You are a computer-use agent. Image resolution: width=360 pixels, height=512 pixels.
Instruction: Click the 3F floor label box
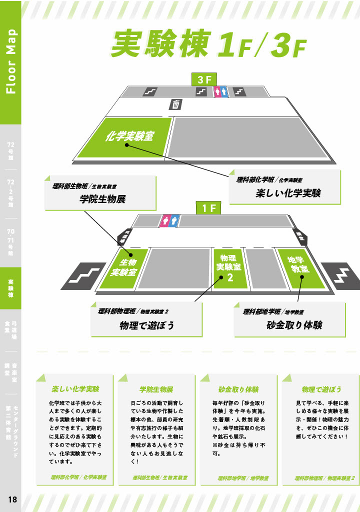(x=204, y=79)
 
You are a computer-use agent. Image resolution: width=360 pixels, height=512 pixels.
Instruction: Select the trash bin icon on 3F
(x=176, y=104)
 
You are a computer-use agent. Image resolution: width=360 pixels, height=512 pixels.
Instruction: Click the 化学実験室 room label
(x=129, y=136)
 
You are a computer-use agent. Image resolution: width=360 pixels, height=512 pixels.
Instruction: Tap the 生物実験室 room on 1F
(x=123, y=267)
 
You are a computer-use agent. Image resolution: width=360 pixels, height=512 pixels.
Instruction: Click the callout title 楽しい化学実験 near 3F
(x=288, y=192)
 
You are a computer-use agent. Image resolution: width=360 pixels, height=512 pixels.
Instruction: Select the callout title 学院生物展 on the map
(x=102, y=199)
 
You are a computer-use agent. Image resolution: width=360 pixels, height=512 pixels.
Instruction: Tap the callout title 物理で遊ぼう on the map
(x=147, y=325)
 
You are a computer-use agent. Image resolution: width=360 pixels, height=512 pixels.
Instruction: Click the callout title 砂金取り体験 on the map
(x=294, y=325)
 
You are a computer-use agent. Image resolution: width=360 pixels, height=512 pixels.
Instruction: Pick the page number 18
(x=12, y=499)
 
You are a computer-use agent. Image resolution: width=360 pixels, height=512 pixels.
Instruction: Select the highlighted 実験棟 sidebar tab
(x=10, y=287)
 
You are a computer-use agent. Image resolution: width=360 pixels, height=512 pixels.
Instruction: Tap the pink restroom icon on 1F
(x=166, y=220)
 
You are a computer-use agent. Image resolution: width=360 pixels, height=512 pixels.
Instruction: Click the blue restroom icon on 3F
(x=224, y=91)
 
